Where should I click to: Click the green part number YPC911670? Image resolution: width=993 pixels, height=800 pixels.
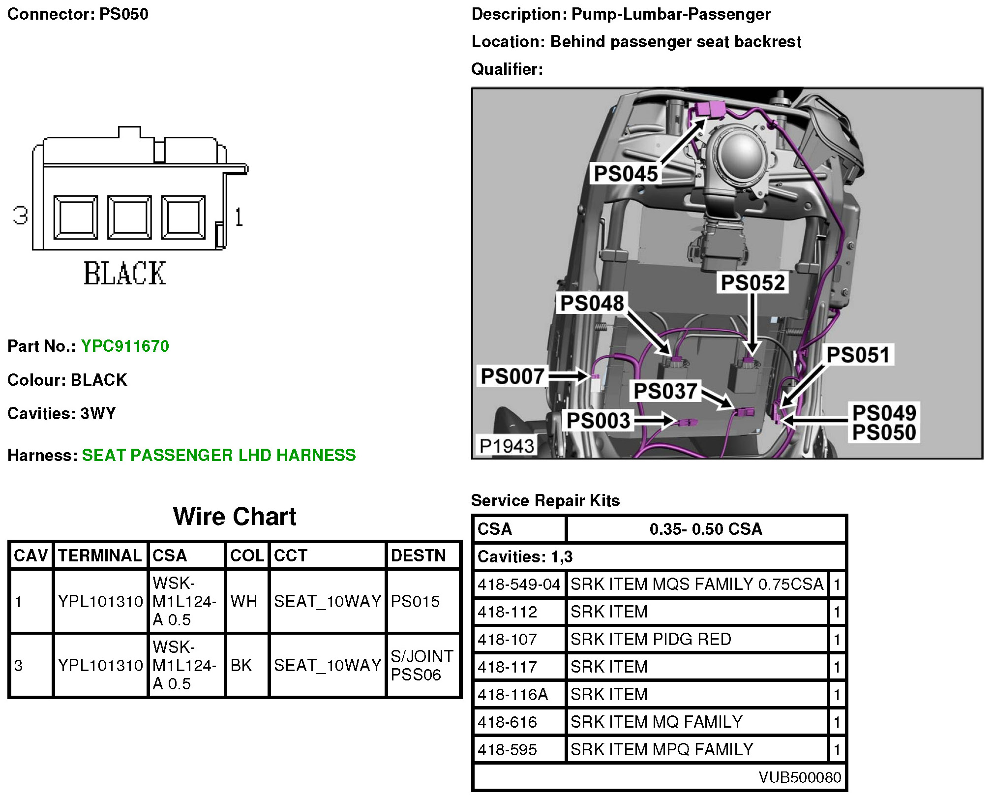(125, 346)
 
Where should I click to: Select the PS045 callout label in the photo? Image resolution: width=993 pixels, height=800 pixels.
(626, 174)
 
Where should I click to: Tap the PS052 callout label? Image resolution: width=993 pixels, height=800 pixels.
(752, 282)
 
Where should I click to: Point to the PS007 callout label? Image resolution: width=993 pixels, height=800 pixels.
(512, 376)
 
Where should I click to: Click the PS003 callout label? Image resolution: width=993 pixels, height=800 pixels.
(598, 421)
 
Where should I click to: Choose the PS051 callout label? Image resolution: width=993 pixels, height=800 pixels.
(858, 355)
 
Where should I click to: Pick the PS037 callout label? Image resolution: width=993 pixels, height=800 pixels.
(665, 392)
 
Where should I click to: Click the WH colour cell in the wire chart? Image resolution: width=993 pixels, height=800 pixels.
(244, 601)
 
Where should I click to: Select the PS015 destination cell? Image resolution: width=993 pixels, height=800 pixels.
(416, 601)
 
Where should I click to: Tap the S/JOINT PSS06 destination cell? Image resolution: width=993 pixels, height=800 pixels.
(422, 665)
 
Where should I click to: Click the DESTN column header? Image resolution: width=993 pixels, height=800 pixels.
(418, 555)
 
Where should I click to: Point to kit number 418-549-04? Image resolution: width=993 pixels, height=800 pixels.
(519, 585)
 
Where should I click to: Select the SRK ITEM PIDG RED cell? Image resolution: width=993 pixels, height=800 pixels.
(650, 639)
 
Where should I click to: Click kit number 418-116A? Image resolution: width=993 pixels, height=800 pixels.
(512, 694)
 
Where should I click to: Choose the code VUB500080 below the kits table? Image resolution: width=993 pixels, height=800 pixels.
(800, 777)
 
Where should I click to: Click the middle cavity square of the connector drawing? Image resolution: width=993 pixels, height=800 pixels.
(129, 217)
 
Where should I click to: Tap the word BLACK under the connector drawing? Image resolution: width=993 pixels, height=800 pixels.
(125, 274)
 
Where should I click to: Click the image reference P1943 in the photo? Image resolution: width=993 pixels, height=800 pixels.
(507, 446)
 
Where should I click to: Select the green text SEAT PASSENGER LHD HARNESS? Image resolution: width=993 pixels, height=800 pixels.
(218, 455)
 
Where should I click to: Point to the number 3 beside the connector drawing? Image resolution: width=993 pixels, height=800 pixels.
(20, 215)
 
